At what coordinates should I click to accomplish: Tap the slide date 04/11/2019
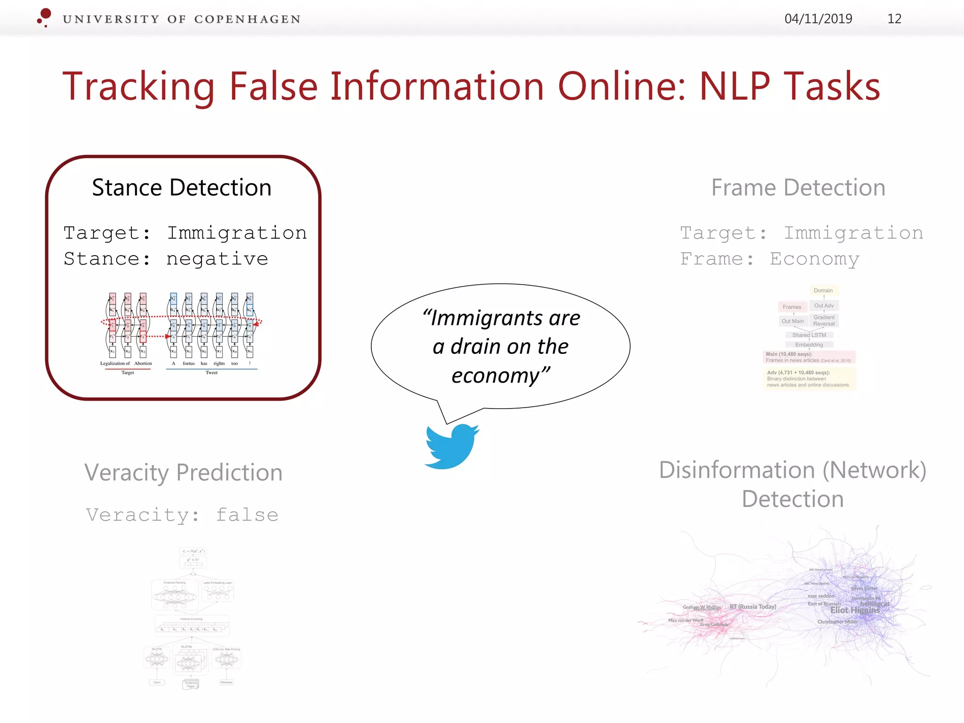(x=818, y=19)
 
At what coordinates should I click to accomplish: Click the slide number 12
(x=894, y=19)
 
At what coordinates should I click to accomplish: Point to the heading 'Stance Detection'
(x=182, y=187)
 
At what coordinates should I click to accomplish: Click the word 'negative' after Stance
(x=217, y=258)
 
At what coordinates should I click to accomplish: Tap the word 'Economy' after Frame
(x=814, y=258)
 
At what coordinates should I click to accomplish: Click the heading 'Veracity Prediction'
(x=183, y=472)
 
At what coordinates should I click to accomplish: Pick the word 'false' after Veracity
(x=247, y=514)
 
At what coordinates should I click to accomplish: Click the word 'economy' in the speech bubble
(x=495, y=376)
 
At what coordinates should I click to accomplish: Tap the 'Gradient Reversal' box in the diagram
(x=824, y=321)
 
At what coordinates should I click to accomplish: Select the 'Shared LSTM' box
(x=809, y=335)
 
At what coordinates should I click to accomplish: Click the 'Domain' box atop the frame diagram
(x=823, y=290)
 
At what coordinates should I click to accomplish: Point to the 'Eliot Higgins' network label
(x=854, y=610)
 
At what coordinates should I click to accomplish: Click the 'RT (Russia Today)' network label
(x=753, y=607)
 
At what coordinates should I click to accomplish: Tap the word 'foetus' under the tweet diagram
(x=189, y=363)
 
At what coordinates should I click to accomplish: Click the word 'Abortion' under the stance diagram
(x=143, y=363)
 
